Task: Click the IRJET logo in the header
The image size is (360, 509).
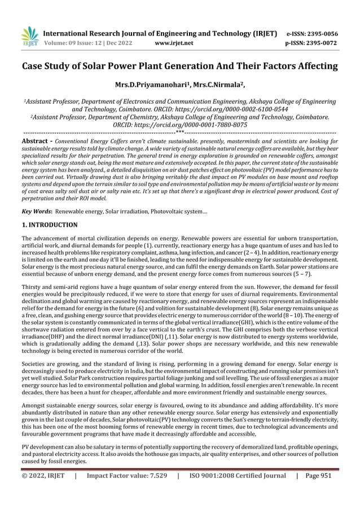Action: pos(28,36)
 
